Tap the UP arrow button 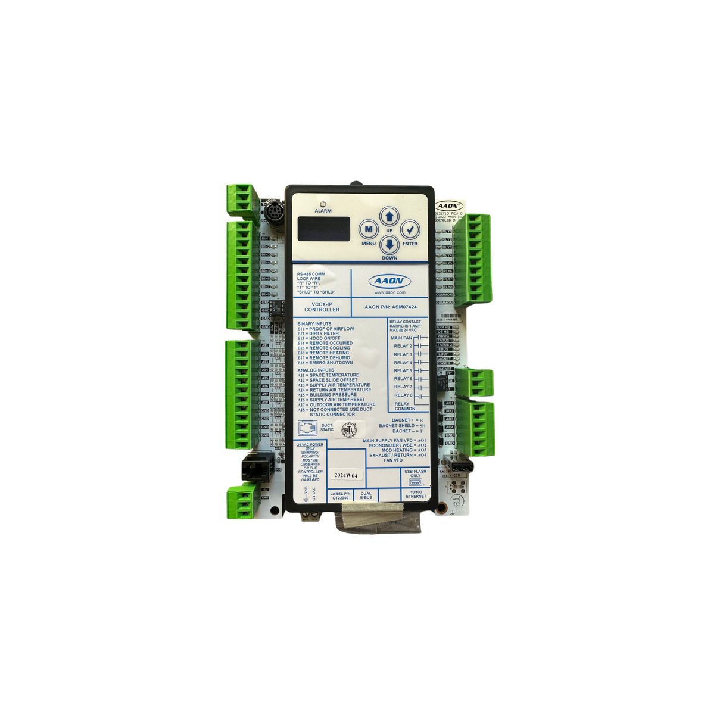point(389,217)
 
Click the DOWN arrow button point(389,244)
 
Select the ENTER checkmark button point(410,230)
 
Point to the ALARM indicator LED point(323,204)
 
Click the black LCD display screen point(323,229)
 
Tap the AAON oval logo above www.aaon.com point(389,281)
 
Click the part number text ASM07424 point(404,307)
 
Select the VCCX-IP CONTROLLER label point(322,307)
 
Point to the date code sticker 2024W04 point(346,475)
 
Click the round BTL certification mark point(348,429)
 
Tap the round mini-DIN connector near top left point(274,211)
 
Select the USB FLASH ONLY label point(415,473)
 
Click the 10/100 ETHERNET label point(416,494)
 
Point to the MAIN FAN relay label point(401,338)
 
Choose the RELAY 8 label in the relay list point(403,395)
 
